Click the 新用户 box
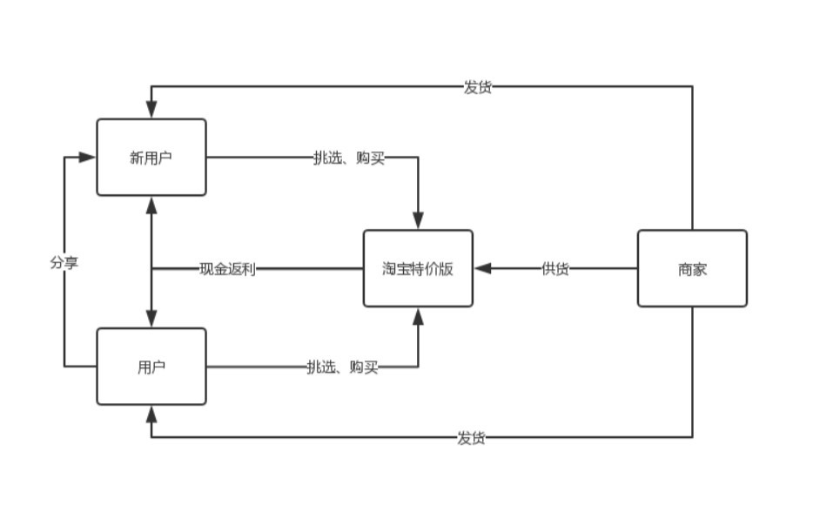point(151,157)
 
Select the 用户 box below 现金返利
point(151,367)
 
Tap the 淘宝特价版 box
point(418,268)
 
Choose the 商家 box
point(692,268)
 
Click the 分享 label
point(64,262)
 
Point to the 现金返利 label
point(227,268)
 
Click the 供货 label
point(555,268)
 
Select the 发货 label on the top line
point(478,86)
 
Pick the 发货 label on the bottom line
point(471,437)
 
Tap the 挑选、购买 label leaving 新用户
point(349,157)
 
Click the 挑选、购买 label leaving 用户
point(342,367)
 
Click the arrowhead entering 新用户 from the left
point(87,157)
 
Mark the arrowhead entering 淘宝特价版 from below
point(418,316)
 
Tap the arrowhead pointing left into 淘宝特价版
point(483,268)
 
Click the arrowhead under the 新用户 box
point(151,205)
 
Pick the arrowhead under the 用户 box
point(151,414)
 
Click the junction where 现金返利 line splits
point(151,268)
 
